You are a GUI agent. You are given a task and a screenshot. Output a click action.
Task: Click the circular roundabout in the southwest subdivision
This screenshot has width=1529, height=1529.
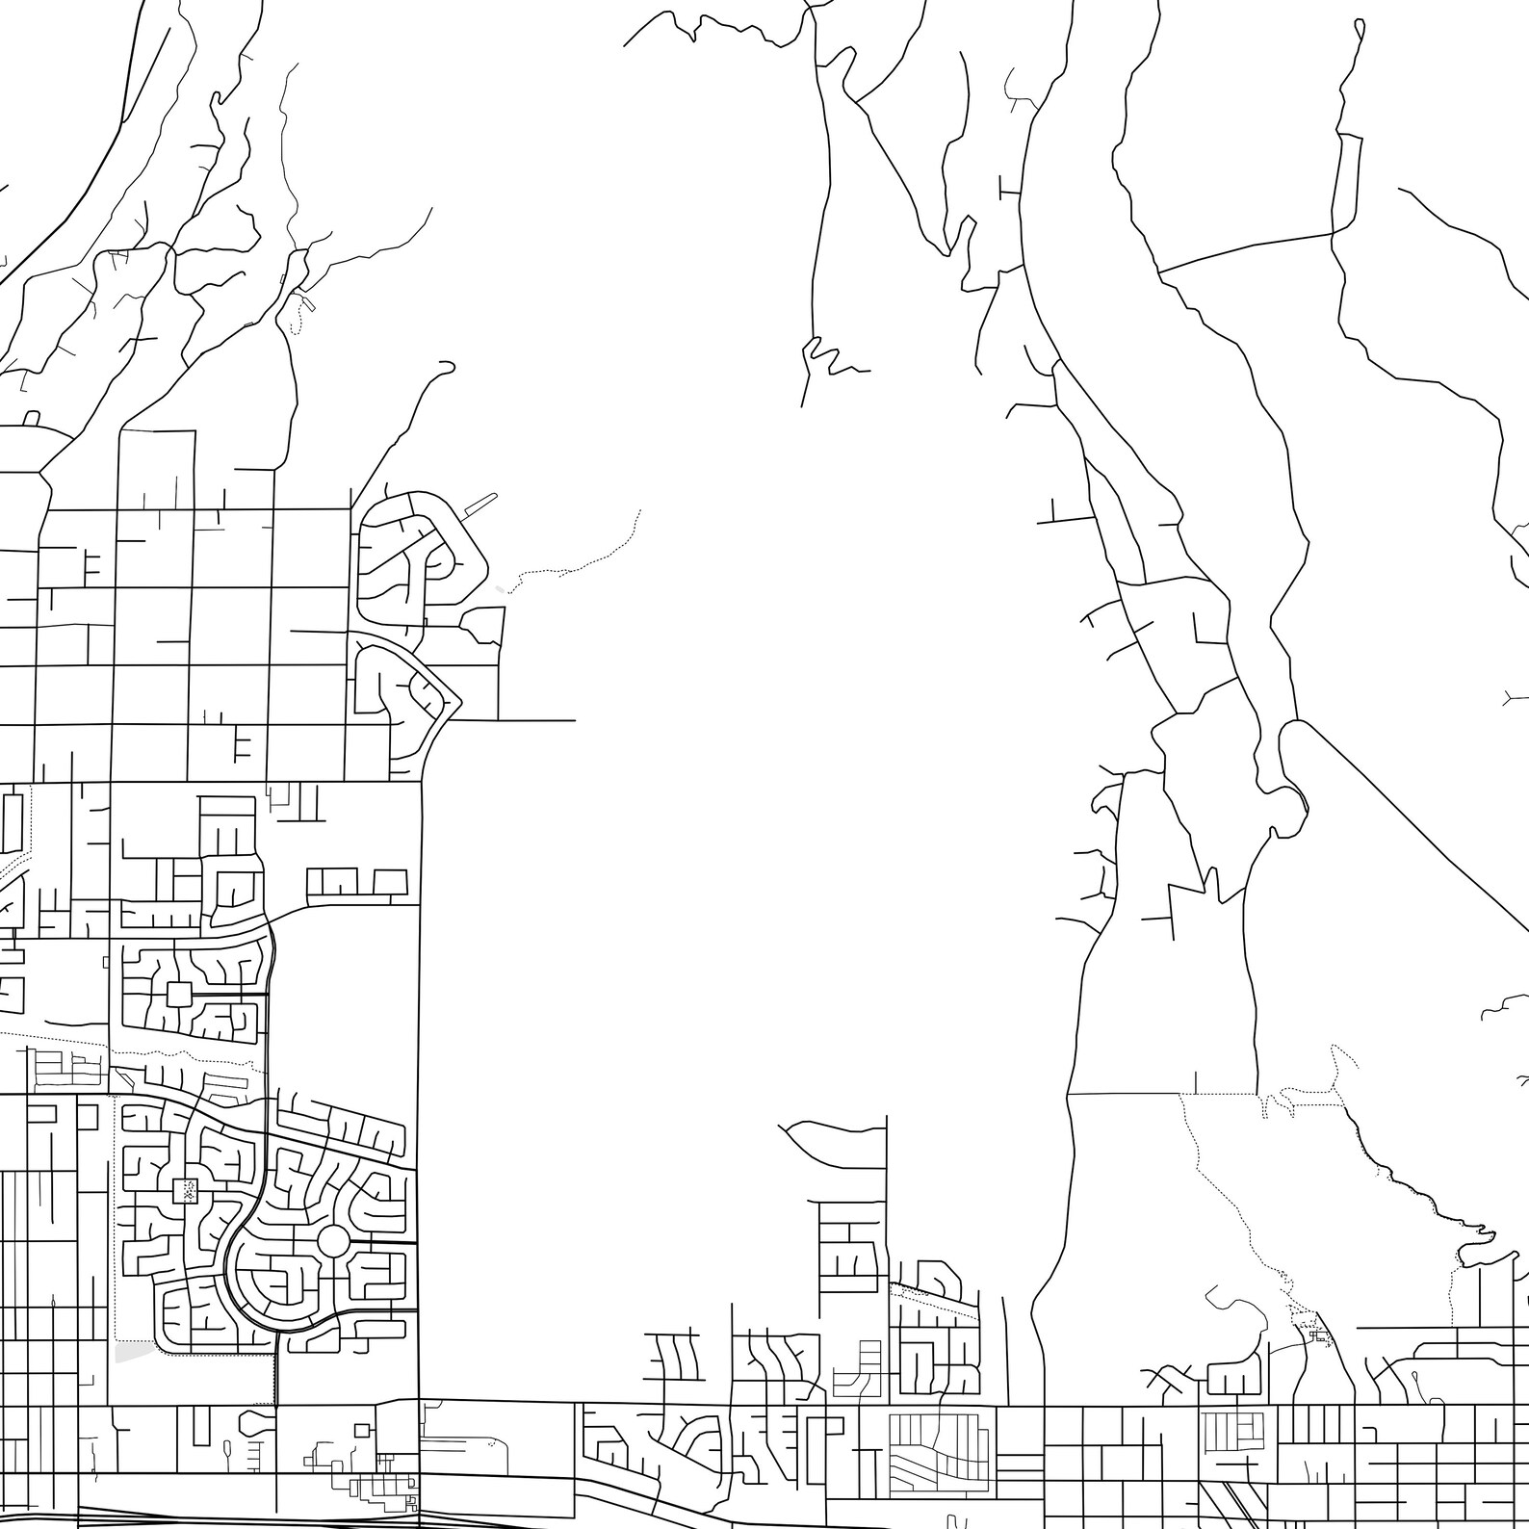(x=333, y=1241)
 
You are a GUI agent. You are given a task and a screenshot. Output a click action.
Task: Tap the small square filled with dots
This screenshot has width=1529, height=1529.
(x=184, y=1191)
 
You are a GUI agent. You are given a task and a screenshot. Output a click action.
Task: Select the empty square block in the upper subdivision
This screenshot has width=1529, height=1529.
(x=178, y=991)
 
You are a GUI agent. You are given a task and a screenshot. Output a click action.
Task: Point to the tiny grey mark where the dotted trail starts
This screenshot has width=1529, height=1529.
(x=498, y=588)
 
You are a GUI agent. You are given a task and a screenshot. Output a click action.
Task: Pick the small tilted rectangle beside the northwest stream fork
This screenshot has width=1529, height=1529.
(x=306, y=302)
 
